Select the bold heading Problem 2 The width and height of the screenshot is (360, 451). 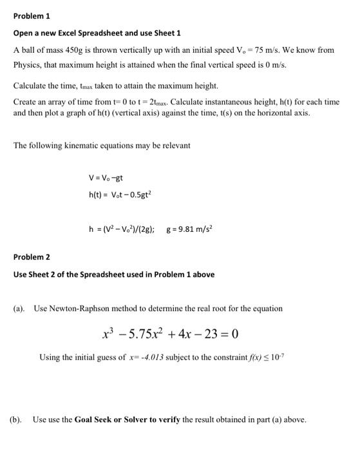31,257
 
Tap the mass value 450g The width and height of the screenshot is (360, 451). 77,49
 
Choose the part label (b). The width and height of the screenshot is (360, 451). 17,419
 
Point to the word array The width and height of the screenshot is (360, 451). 53,102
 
